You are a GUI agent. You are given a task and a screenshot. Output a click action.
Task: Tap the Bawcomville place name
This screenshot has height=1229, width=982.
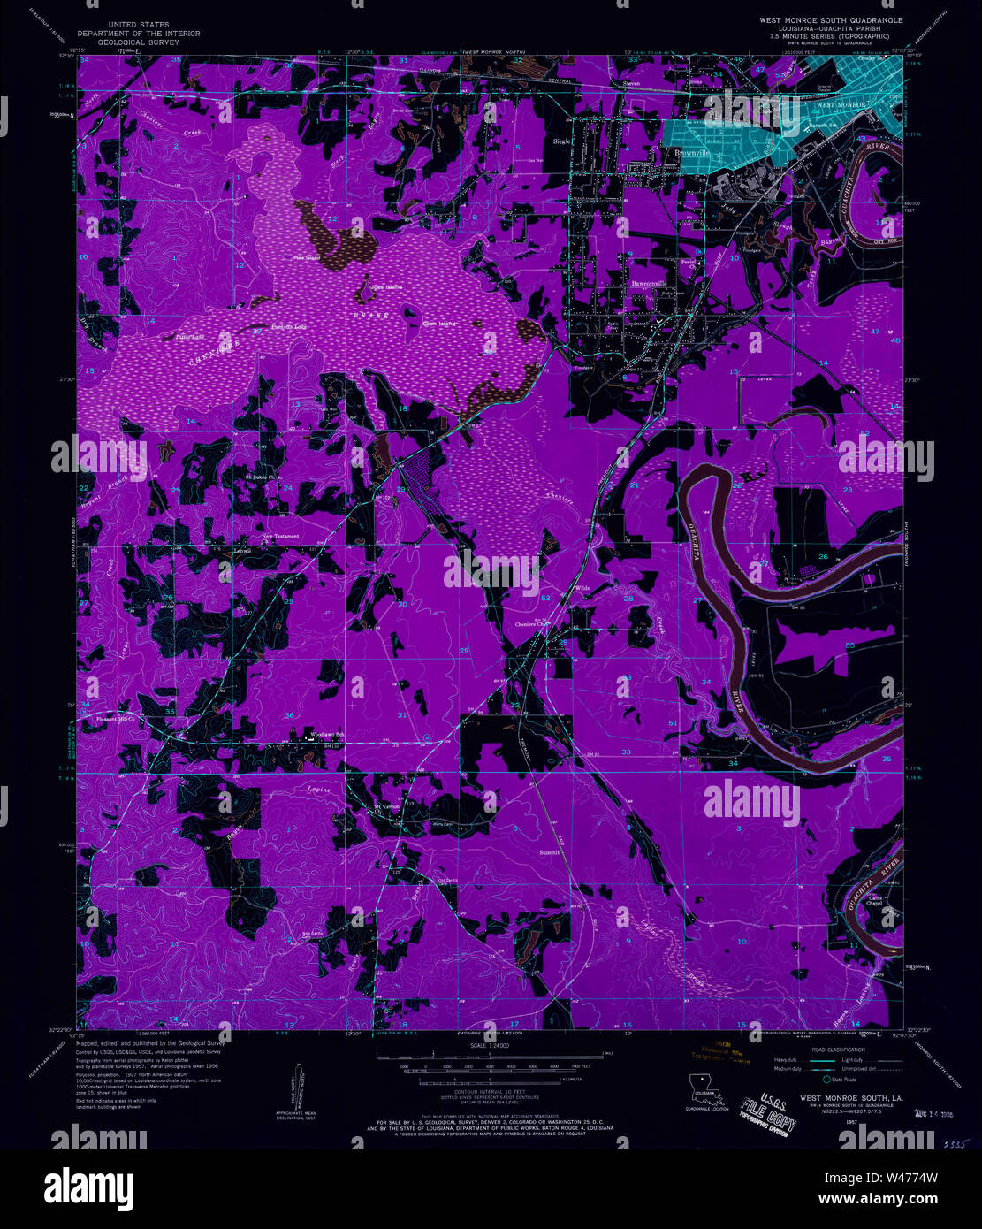click(648, 284)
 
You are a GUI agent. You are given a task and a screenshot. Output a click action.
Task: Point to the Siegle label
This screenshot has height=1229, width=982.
click(561, 141)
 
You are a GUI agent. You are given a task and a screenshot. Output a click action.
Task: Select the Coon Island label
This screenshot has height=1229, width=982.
click(438, 324)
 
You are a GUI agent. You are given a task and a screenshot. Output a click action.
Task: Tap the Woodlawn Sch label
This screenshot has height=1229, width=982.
click(325, 734)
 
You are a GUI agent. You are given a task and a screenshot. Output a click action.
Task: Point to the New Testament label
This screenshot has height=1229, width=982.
click(280, 536)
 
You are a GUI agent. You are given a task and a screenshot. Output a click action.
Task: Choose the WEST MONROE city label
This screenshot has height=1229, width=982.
click(839, 105)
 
